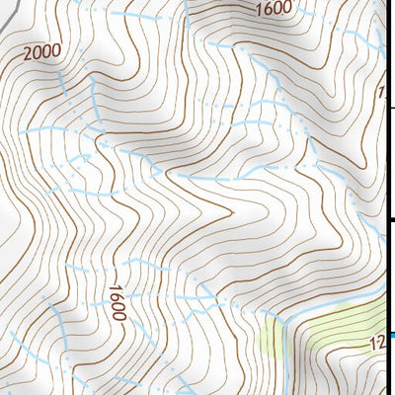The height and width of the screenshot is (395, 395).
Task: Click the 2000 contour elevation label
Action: pos(39,51)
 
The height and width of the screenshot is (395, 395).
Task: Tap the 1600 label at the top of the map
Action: pos(272,9)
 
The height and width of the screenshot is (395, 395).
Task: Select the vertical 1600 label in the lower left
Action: pos(117,301)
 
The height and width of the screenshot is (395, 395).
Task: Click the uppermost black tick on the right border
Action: pos(390,107)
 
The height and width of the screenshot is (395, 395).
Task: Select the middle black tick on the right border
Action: pos(390,220)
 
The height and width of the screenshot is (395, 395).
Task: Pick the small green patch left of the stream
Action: pos(269,336)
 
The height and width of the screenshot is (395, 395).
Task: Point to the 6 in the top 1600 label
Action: pos(267,9)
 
